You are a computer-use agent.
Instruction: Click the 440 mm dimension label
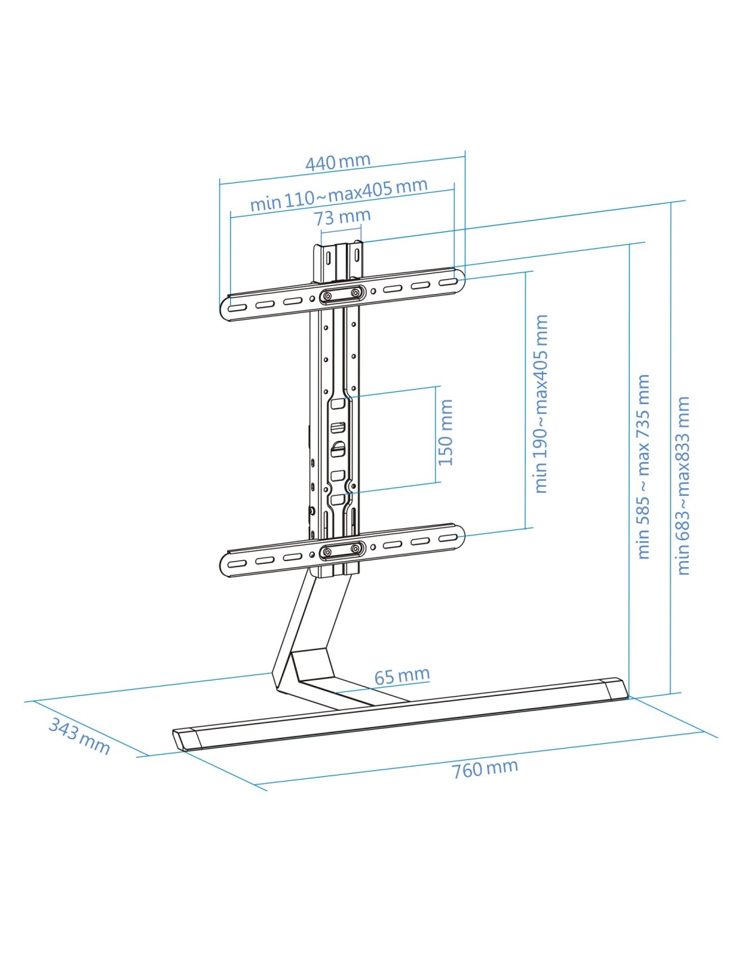[x=338, y=162]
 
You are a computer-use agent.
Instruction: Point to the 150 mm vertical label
[x=447, y=432]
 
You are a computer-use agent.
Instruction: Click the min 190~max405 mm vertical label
[x=541, y=404]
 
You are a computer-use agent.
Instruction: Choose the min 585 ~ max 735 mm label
[x=644, y=467]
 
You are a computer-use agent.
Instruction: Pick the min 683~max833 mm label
[x=683, y=486]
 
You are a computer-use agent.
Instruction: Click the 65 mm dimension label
[x=401, y=676]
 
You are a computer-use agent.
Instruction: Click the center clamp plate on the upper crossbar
[x=343, y=294]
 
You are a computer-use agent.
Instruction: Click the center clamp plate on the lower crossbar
[x=343, y=550]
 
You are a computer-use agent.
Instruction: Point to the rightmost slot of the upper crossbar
[x=449, y=282]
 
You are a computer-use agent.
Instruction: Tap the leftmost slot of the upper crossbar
[x=238, y=308]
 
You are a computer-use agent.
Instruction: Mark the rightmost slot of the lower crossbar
[x=449, y=538]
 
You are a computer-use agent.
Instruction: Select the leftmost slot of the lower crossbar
[x=238, y=564]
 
